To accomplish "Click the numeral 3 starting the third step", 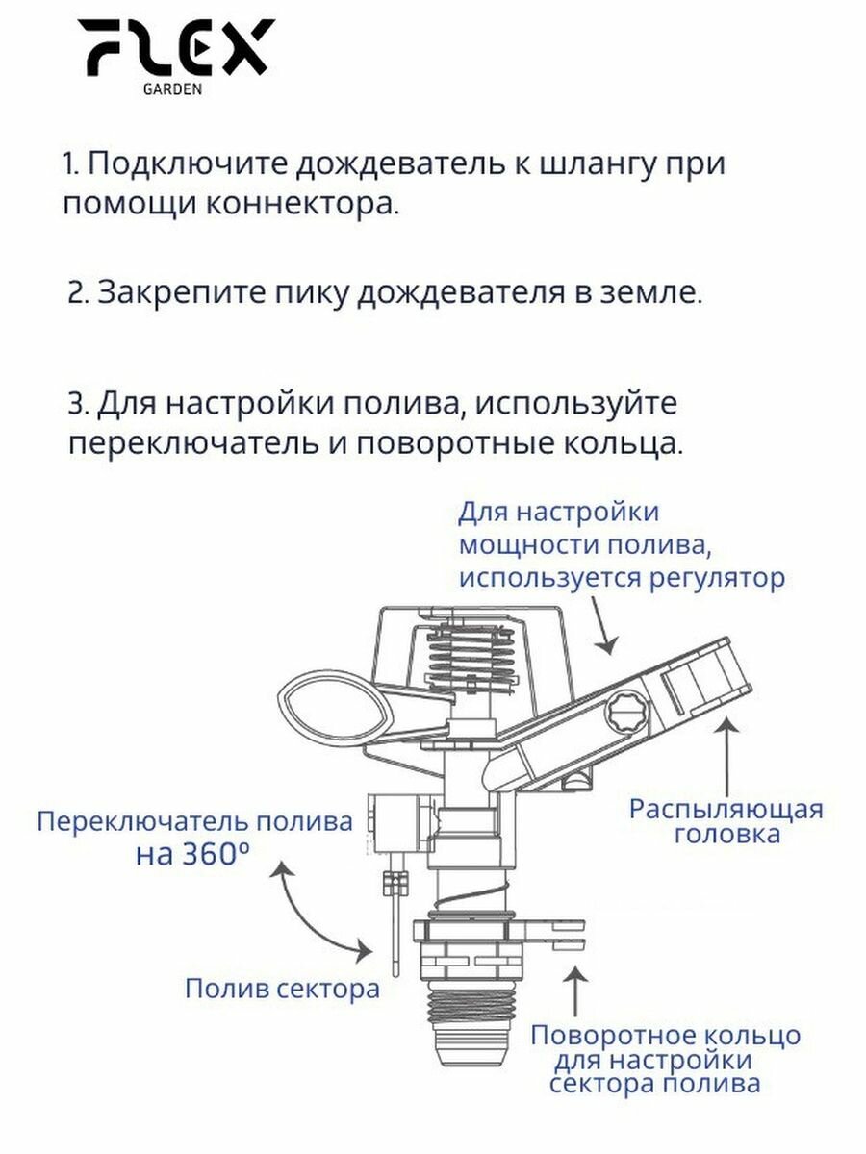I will (x=77, y=404).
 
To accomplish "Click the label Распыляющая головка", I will (x=726, y=820).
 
